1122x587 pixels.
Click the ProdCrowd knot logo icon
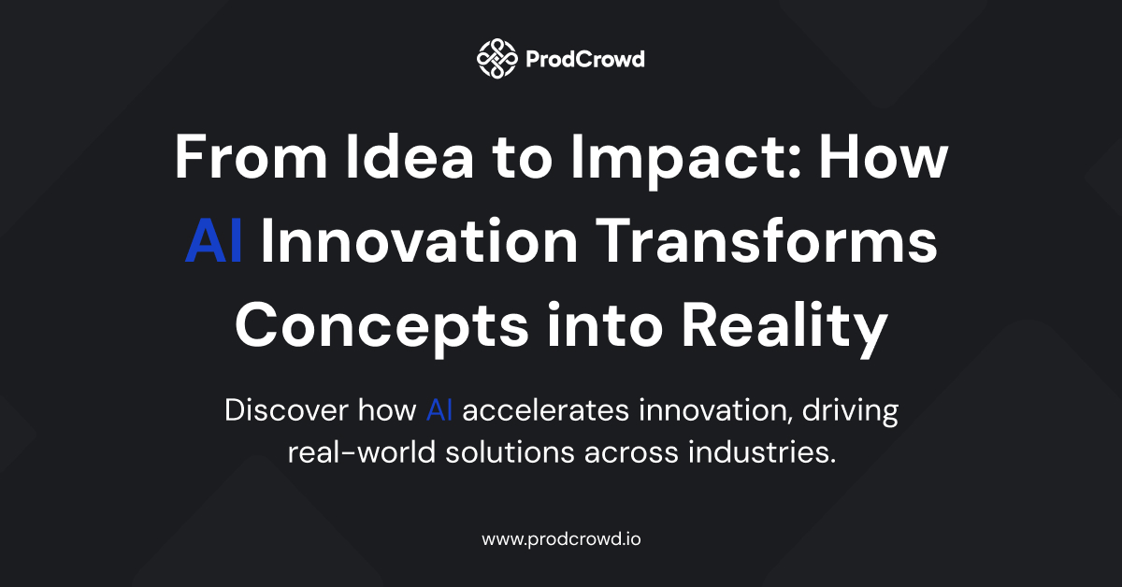point(496,59)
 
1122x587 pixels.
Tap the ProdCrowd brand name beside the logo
point(585,60)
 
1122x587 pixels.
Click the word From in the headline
point(251,156)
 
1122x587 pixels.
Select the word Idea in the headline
point(410,156)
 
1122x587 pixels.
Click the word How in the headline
point(884,156)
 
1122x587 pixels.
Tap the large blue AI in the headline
point(214,240)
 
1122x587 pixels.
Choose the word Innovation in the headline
point(420,240)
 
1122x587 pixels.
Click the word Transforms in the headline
point(767,240)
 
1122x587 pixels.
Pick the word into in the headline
point(606,324)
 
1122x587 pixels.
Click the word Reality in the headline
point(784,329)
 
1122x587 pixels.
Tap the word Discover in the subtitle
point(286,410)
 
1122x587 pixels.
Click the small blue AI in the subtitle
point(439,410)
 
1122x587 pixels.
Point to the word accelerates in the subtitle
point(545,410)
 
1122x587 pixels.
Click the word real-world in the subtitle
point(362,452)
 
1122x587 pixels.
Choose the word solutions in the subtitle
point(510,452)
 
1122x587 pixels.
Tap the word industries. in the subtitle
point(762,452)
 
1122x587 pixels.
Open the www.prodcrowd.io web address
point(561,539)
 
